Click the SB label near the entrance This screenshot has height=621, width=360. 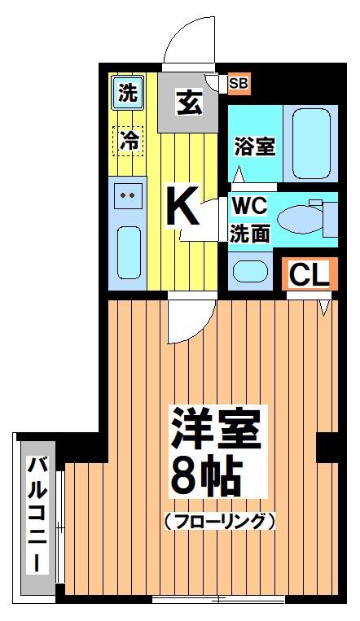[x=239, y=82]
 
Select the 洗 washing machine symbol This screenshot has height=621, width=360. [x=126, y=92]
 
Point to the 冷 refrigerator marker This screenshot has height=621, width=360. [x=127, y=140]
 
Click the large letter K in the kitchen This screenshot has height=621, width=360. [x=182, y=208]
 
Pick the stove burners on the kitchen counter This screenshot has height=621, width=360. [x=128, y=196]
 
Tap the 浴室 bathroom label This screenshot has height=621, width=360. [x=254, y=147]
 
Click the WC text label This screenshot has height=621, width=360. [x=248, y=204]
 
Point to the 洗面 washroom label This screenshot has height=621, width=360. [x=250, y=234]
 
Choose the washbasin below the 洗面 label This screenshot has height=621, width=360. [x=246, y=271]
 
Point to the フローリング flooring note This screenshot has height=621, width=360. [x=219, y=520]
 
